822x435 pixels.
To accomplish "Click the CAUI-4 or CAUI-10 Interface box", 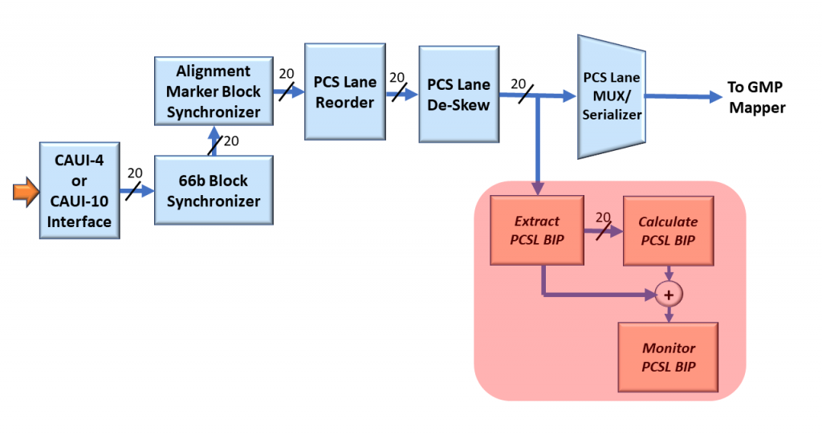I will coord(79,189).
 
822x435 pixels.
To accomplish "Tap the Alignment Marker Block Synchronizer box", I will coord(213,91).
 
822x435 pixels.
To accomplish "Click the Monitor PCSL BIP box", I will coord(668,358).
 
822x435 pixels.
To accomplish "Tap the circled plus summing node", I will coord(668,295).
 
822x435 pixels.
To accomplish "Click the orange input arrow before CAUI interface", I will coord(25,192).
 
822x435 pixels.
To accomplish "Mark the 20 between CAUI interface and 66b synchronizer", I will coord(135,173).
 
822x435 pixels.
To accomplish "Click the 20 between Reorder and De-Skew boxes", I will coord(397,78).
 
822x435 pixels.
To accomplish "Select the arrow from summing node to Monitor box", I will coord(668,315).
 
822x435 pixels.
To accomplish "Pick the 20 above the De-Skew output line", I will coord(519,83).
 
